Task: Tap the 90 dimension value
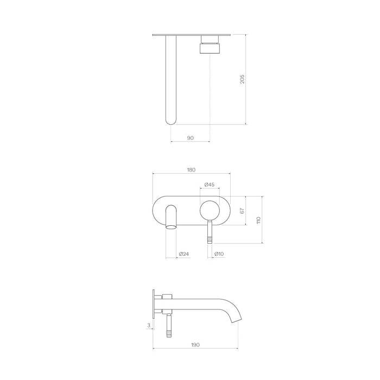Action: [190, 138]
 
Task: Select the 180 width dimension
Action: [191, 170]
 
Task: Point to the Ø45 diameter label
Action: [210, 185]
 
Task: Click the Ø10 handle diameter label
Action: [219, 254]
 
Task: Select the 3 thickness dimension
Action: [148, 326]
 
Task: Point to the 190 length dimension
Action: [195, 344]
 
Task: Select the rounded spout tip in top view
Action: [170, 121]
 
